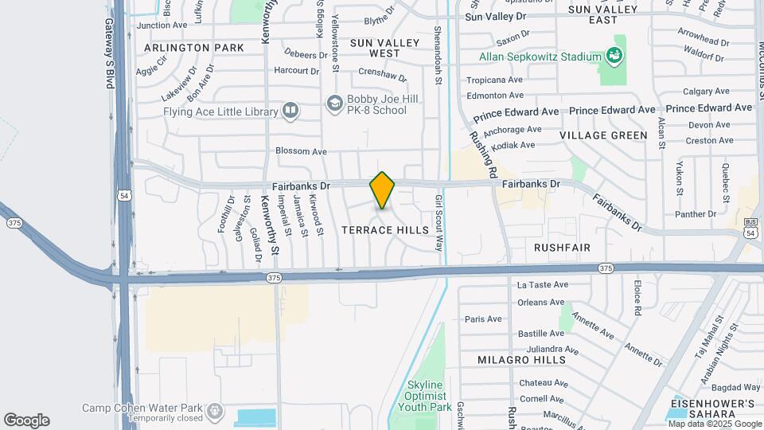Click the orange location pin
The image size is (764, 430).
point(382,190)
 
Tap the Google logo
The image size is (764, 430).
point(26,420)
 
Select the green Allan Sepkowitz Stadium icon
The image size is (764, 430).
point(614,56)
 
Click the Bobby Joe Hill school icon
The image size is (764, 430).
point(335,104)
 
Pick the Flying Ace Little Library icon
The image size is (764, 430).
point(290,111)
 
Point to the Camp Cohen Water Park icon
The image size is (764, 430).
point(214,411)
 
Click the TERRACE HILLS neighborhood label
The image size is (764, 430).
point(386,230)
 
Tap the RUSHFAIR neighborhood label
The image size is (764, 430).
point(562,248)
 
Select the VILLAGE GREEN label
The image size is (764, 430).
point(603,135)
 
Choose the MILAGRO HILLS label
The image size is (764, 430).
point(521,360)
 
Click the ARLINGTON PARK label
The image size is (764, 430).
point(194,48)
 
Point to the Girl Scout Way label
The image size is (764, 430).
point(438,223)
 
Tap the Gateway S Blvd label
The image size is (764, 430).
point(110,48)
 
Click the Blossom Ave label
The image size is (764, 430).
point(301,151)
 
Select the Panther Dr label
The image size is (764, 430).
point(696,214)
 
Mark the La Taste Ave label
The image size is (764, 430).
point(543,284)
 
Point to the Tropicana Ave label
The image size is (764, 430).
point(494,80)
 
